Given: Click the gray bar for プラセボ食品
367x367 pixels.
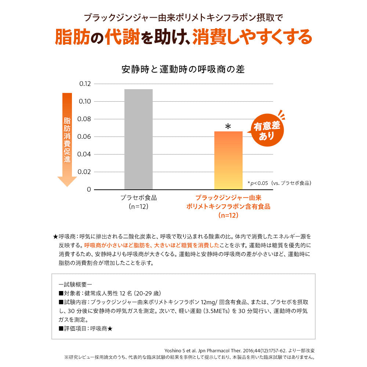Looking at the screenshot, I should tap(138, 139).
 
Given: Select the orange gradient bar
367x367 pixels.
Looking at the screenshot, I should tap(228, 160).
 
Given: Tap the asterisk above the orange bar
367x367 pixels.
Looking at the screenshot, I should tap(228, 127).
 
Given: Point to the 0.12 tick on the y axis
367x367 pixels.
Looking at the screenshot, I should tap(85, 84).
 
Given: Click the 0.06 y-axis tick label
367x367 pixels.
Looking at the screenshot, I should tap(85, 137).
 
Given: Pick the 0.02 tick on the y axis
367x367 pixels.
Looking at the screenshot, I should tap(85, 172).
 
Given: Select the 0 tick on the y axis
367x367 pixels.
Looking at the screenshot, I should tap(88, 189).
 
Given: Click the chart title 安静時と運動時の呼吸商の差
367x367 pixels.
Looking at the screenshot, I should tap(183, 70).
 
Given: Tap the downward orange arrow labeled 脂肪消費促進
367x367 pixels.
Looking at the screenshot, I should tap(67, 139).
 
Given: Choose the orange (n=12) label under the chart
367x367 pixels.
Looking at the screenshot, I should tap(228, 215).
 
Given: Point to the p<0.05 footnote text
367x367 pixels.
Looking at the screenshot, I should tap(279, 183).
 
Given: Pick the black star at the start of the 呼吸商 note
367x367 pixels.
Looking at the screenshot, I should tap(55, 237).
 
